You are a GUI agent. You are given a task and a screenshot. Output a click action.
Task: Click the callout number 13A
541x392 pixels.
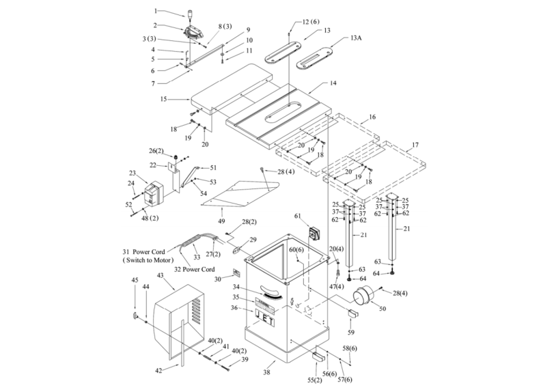(356, 40)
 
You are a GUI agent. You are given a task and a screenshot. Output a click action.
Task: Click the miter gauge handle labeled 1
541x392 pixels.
(188, 13)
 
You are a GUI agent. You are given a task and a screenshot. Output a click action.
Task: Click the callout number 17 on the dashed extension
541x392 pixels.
(414, 145)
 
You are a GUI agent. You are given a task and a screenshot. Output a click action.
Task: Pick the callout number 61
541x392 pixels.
(297, 216)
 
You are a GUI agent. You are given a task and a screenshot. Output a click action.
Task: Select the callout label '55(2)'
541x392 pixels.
(314, 380)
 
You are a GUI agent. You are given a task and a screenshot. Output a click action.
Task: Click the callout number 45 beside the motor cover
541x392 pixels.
(134, 280)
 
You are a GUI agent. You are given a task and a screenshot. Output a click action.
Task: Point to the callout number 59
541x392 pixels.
(351, 333)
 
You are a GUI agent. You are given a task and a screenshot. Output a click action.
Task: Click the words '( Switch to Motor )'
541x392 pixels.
(150, 260)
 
